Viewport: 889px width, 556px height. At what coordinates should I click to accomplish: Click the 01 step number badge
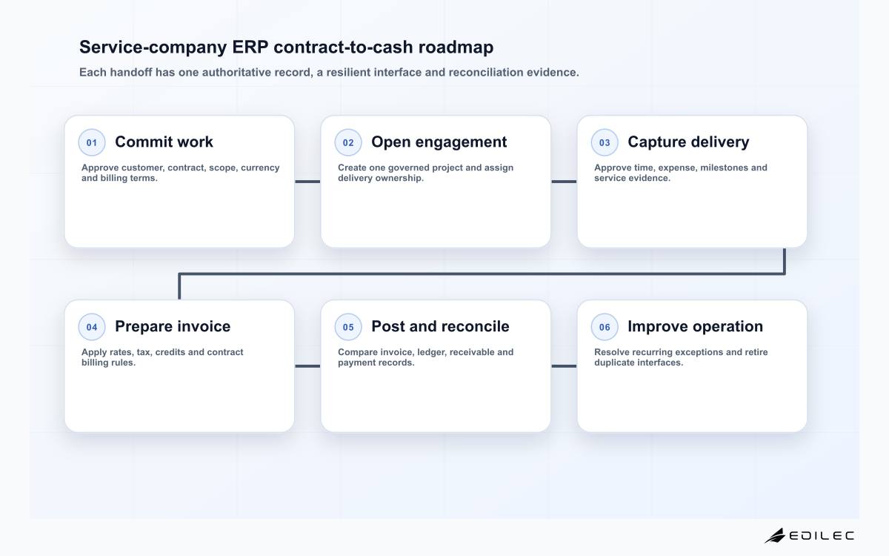click(x=92, y=142)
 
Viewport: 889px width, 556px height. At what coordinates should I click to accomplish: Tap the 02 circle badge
click(x=348, y=142)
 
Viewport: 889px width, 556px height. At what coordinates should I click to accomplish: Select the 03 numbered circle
click(x=605, y=142)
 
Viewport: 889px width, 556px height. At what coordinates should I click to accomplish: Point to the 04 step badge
click(x=92, y=327)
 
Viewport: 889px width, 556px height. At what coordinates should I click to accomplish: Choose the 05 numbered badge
click(x=348, y=327)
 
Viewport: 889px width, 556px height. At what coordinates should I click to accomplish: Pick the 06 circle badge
click(x=605, y=327)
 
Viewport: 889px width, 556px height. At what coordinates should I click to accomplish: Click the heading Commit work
click(x=164, y=142)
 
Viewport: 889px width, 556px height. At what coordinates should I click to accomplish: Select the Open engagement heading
click(x=439, y=142)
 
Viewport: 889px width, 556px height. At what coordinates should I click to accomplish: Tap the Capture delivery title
click(x=688, y=142)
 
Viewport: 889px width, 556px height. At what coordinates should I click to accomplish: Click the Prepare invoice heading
click(x=173, y=326)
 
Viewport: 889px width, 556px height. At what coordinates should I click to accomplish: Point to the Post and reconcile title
click(x=440, y=326)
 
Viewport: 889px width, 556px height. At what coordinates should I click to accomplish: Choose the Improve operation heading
click(x=696, y=326)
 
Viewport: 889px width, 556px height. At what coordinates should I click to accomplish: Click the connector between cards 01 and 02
click(x=307, y=182)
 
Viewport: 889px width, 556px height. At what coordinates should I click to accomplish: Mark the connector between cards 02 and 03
click(x=564, y=182)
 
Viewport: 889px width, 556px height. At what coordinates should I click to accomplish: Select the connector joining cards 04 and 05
click(x=307, y=366)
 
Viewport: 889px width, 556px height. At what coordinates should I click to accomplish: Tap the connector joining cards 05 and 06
click(x=564, y=366)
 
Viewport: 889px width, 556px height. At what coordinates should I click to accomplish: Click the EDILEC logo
click(x=809, y=535)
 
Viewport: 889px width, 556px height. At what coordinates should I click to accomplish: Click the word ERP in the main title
click(x=250, y=47)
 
